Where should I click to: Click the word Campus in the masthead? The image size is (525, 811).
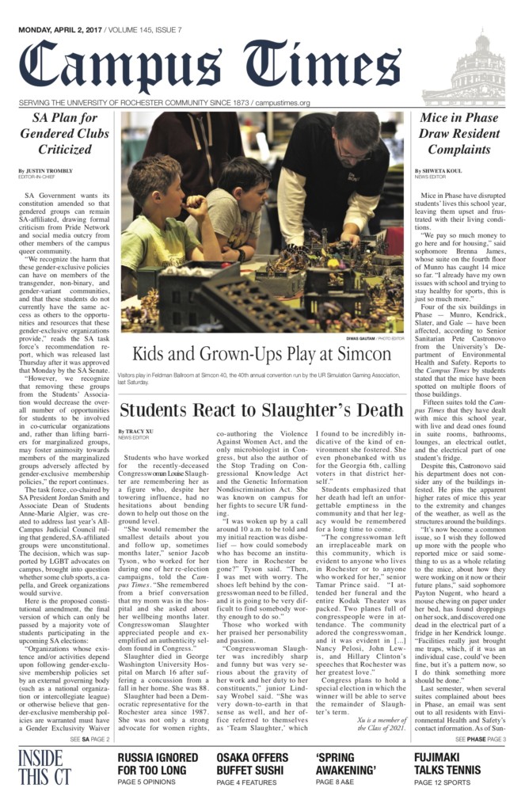[x=115, y=64]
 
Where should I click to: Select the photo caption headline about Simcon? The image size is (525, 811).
[x=261, y=353]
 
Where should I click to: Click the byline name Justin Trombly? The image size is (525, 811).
[x=49, y=170]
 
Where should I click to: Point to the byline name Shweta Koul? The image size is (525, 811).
[x=440, y=170]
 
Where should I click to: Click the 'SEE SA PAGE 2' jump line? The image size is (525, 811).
[x=89, y=739]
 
